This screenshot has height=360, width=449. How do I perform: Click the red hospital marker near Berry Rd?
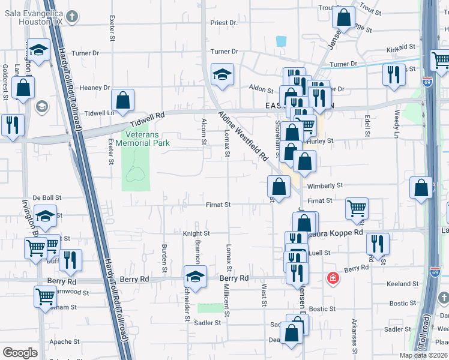tap(332, 278)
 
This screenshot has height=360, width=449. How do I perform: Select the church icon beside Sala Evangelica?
tap(73, 17)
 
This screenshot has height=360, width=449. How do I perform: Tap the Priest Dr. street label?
tap(224, 23)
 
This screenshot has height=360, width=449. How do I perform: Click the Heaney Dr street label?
tap(95, 88)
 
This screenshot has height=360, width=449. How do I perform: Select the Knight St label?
tap(196, 233)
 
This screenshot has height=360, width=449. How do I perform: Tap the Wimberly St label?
tap(327, 186)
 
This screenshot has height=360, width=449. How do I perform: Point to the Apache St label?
tap(61, 341)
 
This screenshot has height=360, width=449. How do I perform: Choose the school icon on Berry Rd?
tap(195, 277)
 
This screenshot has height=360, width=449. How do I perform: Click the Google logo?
tap(20, 353)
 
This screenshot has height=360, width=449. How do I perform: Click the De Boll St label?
tap(47, 197)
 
